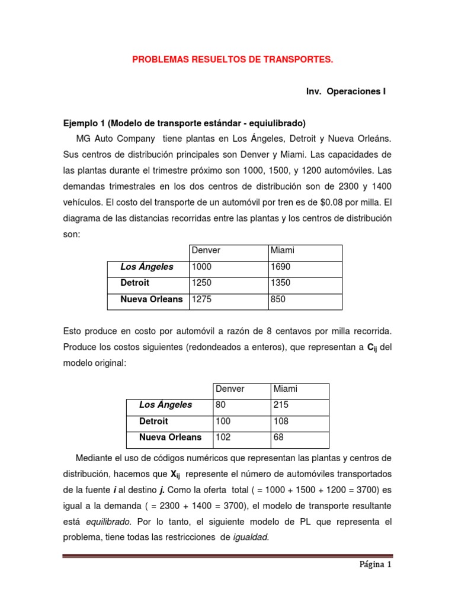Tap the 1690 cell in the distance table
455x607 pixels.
(281, 267)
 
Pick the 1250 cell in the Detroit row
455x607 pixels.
(201, 283)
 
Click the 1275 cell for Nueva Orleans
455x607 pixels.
(201, 299)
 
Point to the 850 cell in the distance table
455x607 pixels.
(278, 299)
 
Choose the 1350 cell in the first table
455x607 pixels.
(281, 283)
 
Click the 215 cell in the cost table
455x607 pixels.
(281, 405)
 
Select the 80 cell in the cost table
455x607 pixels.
(220, 405)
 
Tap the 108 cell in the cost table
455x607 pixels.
(281, 421)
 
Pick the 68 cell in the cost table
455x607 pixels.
(278, 437)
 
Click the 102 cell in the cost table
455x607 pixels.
(223, 437)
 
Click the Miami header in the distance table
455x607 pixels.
(282, 250)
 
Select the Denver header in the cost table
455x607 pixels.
(230, 389)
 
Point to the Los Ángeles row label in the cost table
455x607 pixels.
(165, 405)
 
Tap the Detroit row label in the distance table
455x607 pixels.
(135, 283)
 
